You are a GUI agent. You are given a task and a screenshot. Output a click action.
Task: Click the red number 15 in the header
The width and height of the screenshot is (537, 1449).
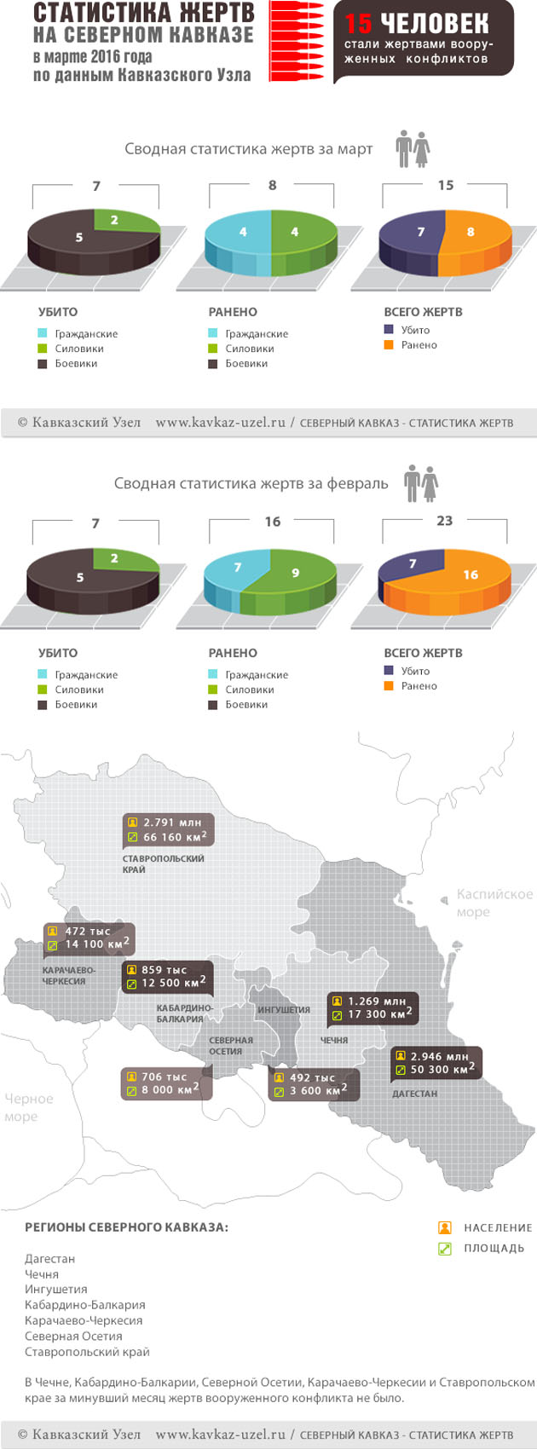pyautogui.click(x=359, y=23)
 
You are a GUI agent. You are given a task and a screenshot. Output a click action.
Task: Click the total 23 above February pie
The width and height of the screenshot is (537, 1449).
pyautogui.click(x=444, y=521)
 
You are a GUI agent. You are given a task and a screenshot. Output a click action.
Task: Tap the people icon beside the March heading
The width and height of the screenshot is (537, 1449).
pyautogui.click(x=413, y=149)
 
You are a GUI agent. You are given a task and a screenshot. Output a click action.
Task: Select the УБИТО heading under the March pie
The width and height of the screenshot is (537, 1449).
pyautogui.click(x=58, y=312)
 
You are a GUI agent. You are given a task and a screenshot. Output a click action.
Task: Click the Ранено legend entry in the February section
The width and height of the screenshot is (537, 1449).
pyautogui.click(x=419, y=686)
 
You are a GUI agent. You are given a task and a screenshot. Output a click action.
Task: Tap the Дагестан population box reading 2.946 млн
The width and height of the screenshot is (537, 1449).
pyautogui.click(x=436, y=1063)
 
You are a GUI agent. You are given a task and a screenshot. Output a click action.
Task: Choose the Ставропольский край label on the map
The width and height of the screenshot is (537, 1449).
pyautogui.click(x=163, y=863)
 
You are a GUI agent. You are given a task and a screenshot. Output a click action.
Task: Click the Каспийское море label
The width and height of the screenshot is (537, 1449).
pyautogui.click(x=494, y=903)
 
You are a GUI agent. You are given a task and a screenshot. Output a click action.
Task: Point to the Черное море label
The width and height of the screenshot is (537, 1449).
pyautogui.click(x=28, y=1107)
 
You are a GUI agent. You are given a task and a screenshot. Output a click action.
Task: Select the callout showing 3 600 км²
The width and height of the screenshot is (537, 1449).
pyautogui.click(x=314, y=1084)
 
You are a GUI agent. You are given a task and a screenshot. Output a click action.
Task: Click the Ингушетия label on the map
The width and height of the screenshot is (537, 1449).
pyautogui.click(x=283, y=1010)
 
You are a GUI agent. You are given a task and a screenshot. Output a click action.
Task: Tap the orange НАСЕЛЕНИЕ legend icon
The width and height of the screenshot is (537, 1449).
pyautogui.click(x=444, y=1227)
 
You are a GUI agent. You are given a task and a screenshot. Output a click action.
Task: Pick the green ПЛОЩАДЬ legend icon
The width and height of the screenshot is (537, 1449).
pyautogui.click(x=444, y=1249)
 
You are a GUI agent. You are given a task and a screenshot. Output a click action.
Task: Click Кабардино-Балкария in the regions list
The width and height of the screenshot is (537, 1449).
pyautogui.click(x=84, y=1305)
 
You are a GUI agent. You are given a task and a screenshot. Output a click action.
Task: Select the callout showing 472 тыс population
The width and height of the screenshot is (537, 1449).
pyautogui.click(x=89, y=938)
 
